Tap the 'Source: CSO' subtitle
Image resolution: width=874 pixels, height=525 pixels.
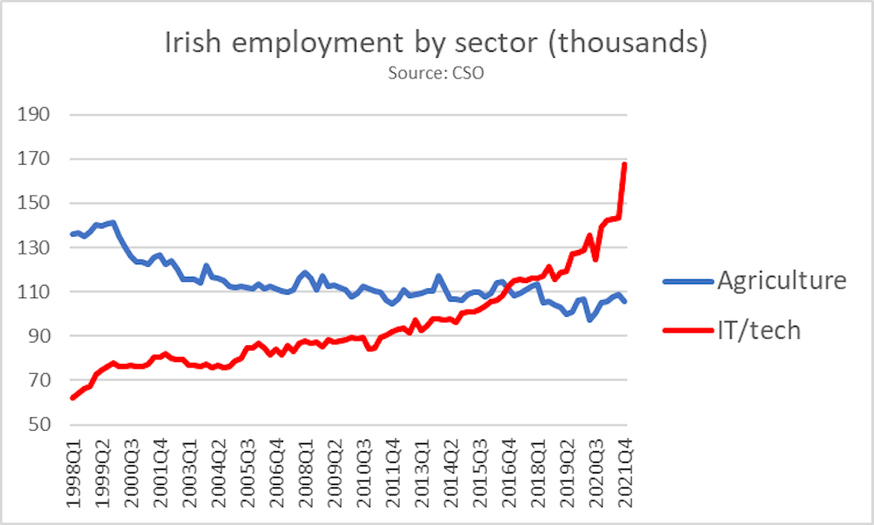[436, 73]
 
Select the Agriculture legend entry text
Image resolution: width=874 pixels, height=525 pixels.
[781, 281]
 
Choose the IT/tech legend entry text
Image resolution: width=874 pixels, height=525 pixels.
[759, 331]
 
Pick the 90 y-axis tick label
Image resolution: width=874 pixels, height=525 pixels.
[39, 336]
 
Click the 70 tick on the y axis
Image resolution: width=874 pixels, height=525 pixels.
[39, 381]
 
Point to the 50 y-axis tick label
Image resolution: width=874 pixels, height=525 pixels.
[39, 424]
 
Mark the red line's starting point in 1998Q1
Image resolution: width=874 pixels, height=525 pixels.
[72, 398]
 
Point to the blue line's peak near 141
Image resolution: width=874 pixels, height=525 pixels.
[113, 222]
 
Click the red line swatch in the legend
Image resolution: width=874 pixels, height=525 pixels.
[688, 331]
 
